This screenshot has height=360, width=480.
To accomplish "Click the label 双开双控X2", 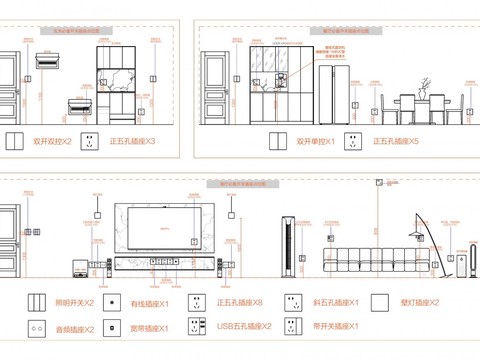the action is click(x=53, y=143).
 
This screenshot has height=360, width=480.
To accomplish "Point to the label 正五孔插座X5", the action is click(x=396, y=143).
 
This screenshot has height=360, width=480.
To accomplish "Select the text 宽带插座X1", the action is click(x=151, y=328).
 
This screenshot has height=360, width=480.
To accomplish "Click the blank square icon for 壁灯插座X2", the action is click(x=379, y=301).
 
